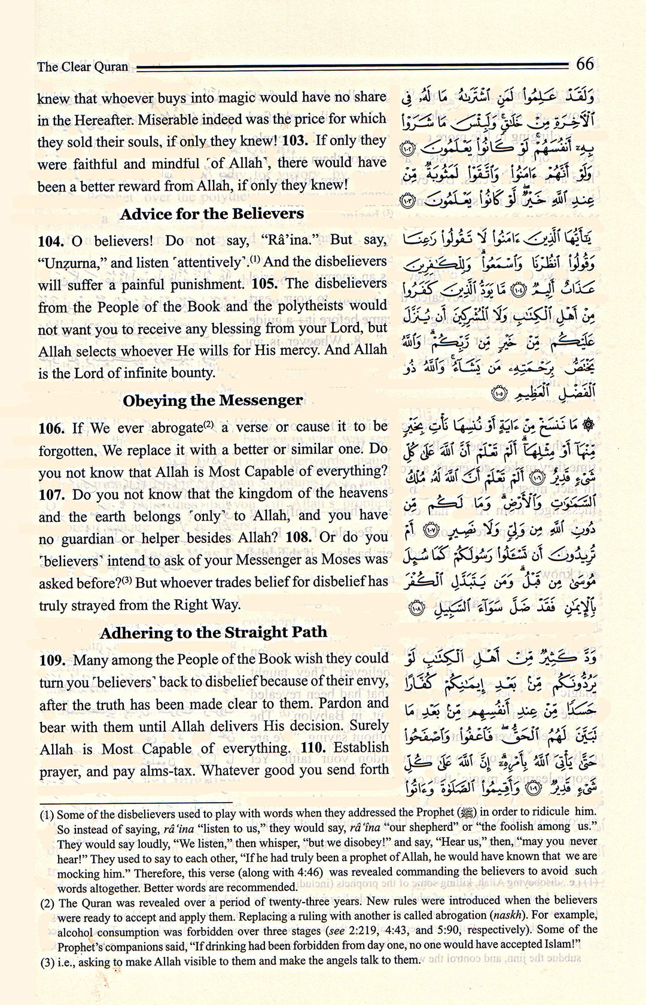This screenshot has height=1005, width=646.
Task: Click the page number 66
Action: coord(584,63)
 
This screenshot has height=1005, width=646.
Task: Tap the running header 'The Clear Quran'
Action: coord(83,66)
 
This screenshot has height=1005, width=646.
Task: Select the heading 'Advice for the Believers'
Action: coord(212,214)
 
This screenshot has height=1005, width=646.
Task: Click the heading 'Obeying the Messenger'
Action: coord(212,400)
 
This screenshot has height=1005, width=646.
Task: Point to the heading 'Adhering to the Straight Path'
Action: coord(214,632)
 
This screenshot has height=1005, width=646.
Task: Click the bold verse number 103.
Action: coord(296,141)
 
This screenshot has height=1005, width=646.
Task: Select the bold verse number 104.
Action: coord(51,241)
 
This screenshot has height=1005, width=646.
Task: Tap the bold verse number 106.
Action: coord(51,428)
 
